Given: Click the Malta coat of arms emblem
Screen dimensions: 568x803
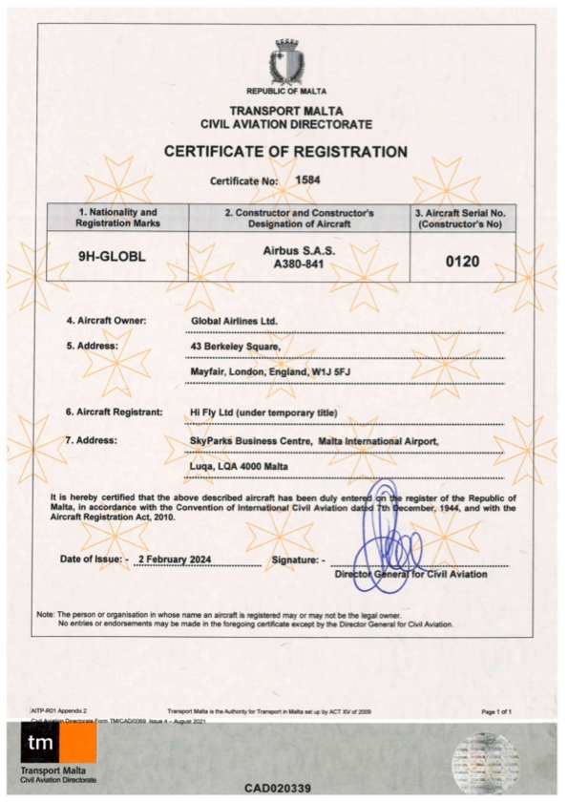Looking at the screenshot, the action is coord(286,63).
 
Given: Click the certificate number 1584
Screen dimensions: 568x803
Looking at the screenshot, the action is coord(307,179).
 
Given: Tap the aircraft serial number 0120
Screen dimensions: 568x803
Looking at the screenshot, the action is coord(462,260).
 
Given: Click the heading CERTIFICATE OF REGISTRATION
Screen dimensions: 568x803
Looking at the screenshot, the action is coord(285,152).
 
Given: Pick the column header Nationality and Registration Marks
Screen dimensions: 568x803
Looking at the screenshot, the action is coord(118,217).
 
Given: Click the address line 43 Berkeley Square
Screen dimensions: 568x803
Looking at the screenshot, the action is coord(236,346).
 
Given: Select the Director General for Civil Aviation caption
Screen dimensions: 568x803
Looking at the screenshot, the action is coord(410,575).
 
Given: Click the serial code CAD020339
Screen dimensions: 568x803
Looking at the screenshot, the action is coord(277,789).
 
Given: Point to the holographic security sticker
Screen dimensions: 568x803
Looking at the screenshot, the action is coord(485,759).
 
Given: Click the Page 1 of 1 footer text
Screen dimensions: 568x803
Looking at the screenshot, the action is coord(496,712).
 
